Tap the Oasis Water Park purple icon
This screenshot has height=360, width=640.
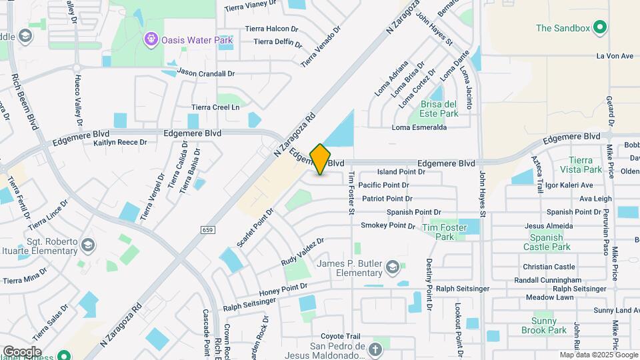(x=151, y=40)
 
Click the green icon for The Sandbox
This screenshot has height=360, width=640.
(x=600, y=28)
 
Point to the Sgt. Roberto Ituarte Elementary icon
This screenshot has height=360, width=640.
(x=87, y=246)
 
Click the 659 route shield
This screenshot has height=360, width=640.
(x=207, y=230)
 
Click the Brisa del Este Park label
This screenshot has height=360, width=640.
(x=439, y=109)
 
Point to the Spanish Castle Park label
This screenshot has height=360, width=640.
(x=550, y=242)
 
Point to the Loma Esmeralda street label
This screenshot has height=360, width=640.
(x=419, y=127)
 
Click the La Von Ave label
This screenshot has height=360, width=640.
(x=614, y=56)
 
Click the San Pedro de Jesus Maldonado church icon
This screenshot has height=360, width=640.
(x=375, y=348)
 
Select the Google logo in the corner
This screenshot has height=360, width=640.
(x=22, y=351)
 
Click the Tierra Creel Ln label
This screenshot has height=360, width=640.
(x=215, y=107)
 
